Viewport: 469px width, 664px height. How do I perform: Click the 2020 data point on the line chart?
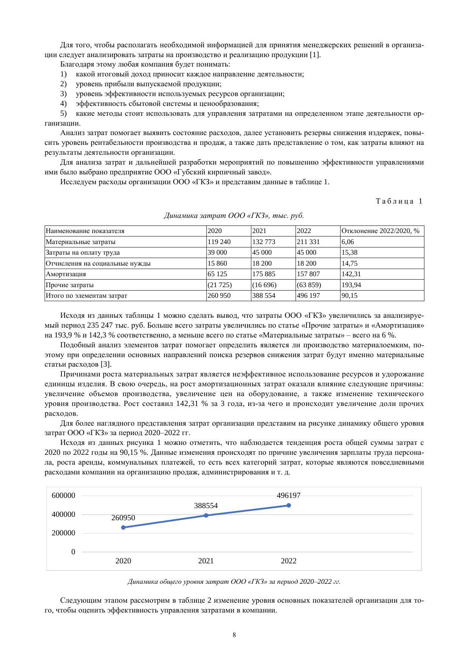[x=123, y=527]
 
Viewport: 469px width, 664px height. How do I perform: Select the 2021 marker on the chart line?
[x=206, y=515]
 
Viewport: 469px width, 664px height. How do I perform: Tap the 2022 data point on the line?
[x=289, y=505]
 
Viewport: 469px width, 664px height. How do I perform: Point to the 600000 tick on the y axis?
[x=63, y=496]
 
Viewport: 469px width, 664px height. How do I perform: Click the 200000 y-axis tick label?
[x=63, y=533]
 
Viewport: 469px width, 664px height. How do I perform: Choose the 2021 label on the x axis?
[x=206, y=561]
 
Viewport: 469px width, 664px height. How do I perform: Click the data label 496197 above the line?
[x=289, y=496]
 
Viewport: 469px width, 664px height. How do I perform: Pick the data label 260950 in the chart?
[x=123, y=518]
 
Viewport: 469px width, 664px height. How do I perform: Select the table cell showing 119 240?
[x=219, y=242]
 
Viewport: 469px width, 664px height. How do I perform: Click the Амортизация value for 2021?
[x=264, y=274]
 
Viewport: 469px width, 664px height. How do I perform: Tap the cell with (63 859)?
[x=309, y=285]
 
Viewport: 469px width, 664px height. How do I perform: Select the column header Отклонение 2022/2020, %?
[x=381, y=231]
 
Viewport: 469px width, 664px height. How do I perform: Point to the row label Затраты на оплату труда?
[x=83, y=252]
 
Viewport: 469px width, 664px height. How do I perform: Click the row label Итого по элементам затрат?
[x=87, y=295]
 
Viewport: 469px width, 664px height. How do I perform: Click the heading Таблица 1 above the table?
[x=399, y=201]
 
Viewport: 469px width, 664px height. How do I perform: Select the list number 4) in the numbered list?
[x=63, y=104]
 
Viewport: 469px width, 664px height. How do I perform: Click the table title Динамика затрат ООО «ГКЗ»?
[x=234, y=216]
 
